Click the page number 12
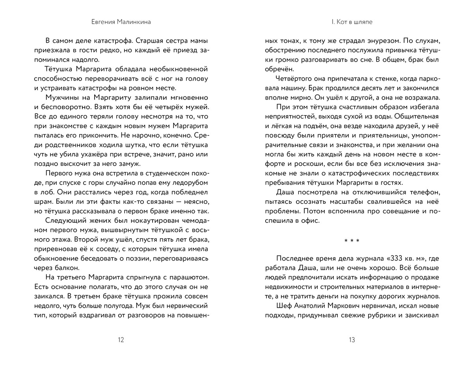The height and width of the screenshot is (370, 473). pyautogui.click(x=121, y=340)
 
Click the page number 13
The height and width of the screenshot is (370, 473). pyautogui.click(x=352, y=340)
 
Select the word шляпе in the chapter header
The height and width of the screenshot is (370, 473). pyautogui.click(x=363, y=23)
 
